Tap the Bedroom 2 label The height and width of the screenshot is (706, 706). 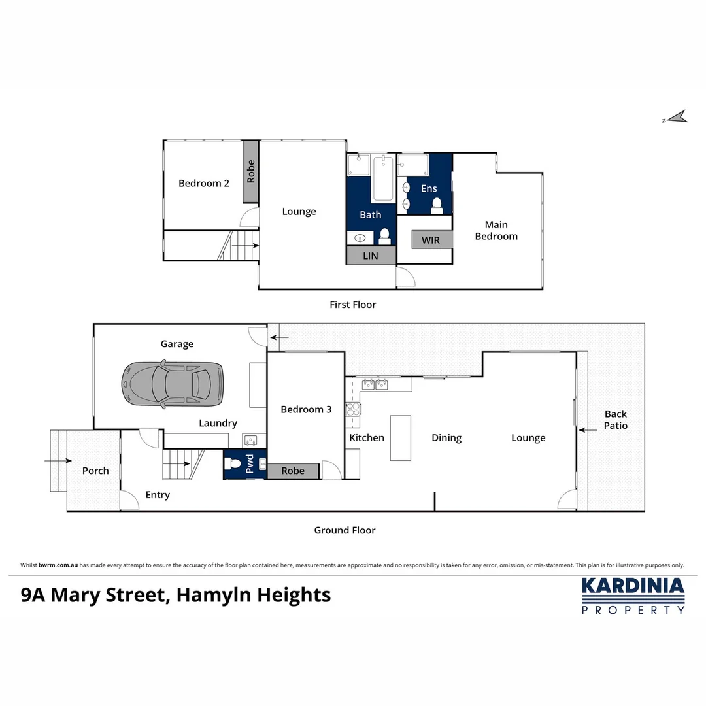204,184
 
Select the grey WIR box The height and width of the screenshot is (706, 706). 431,240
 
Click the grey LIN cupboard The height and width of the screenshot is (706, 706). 371,256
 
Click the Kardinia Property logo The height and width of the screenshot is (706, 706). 633,596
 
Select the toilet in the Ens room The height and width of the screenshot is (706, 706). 437,205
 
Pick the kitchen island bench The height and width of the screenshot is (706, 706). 401,438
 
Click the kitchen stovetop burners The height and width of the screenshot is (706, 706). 353,410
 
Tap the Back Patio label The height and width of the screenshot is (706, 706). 615,420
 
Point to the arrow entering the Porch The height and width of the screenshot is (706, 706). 58,461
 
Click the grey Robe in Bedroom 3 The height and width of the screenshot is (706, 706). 293,471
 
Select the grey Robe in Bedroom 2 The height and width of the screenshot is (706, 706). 251,171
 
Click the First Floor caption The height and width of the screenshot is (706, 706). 352,305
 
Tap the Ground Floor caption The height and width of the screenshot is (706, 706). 345,530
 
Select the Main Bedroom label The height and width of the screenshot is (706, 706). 496,231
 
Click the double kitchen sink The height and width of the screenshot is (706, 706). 375,384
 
